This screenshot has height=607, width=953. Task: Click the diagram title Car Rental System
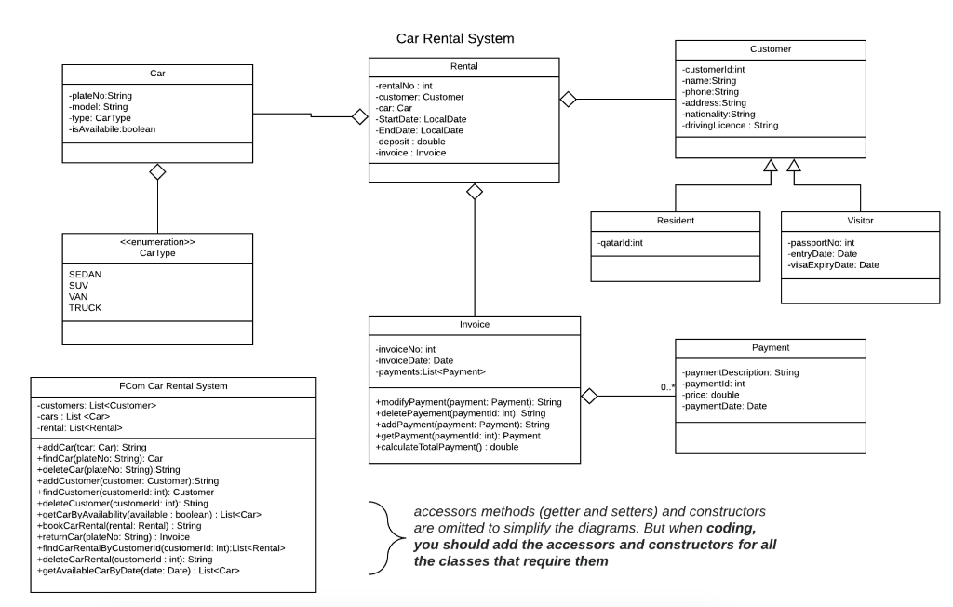pos(454,39)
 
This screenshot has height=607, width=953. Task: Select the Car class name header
pos(157,74)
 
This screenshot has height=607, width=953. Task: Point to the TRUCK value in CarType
pos(85,307)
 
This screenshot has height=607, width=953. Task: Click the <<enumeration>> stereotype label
pos(157,240)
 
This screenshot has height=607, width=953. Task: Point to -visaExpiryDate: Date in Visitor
pos(834,265)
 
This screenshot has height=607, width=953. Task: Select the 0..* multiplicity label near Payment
pos(667,385)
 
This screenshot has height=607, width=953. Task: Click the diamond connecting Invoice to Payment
pos(588,397)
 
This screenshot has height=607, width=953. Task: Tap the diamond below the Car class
pos(157,171)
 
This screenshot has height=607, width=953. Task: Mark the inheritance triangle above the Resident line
pos(768,167)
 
